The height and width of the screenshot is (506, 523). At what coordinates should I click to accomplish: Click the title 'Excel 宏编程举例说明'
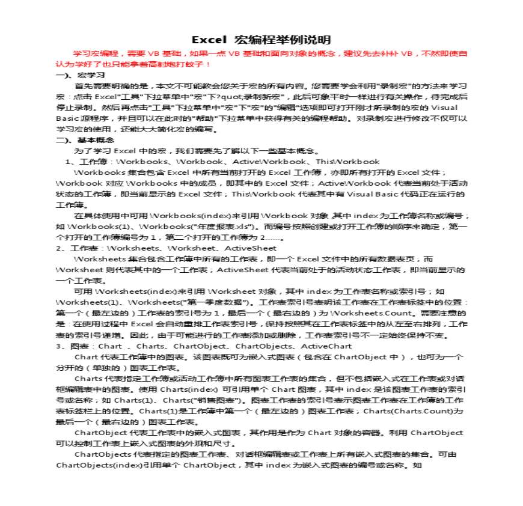click(x=261, y=40)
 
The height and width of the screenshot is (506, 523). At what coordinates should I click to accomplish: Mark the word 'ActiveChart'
click(x=326, y=346)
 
